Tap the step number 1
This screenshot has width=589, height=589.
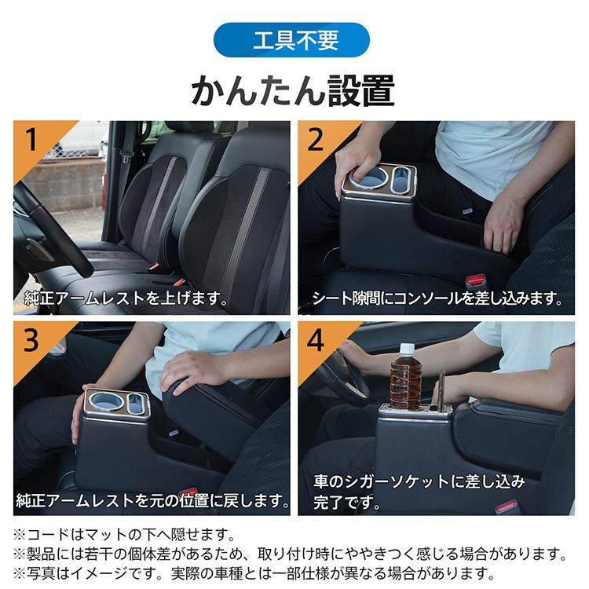tap(32, 141)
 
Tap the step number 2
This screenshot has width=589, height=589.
tap(316, 141)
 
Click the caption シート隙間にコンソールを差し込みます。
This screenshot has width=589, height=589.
tap(437, 298)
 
